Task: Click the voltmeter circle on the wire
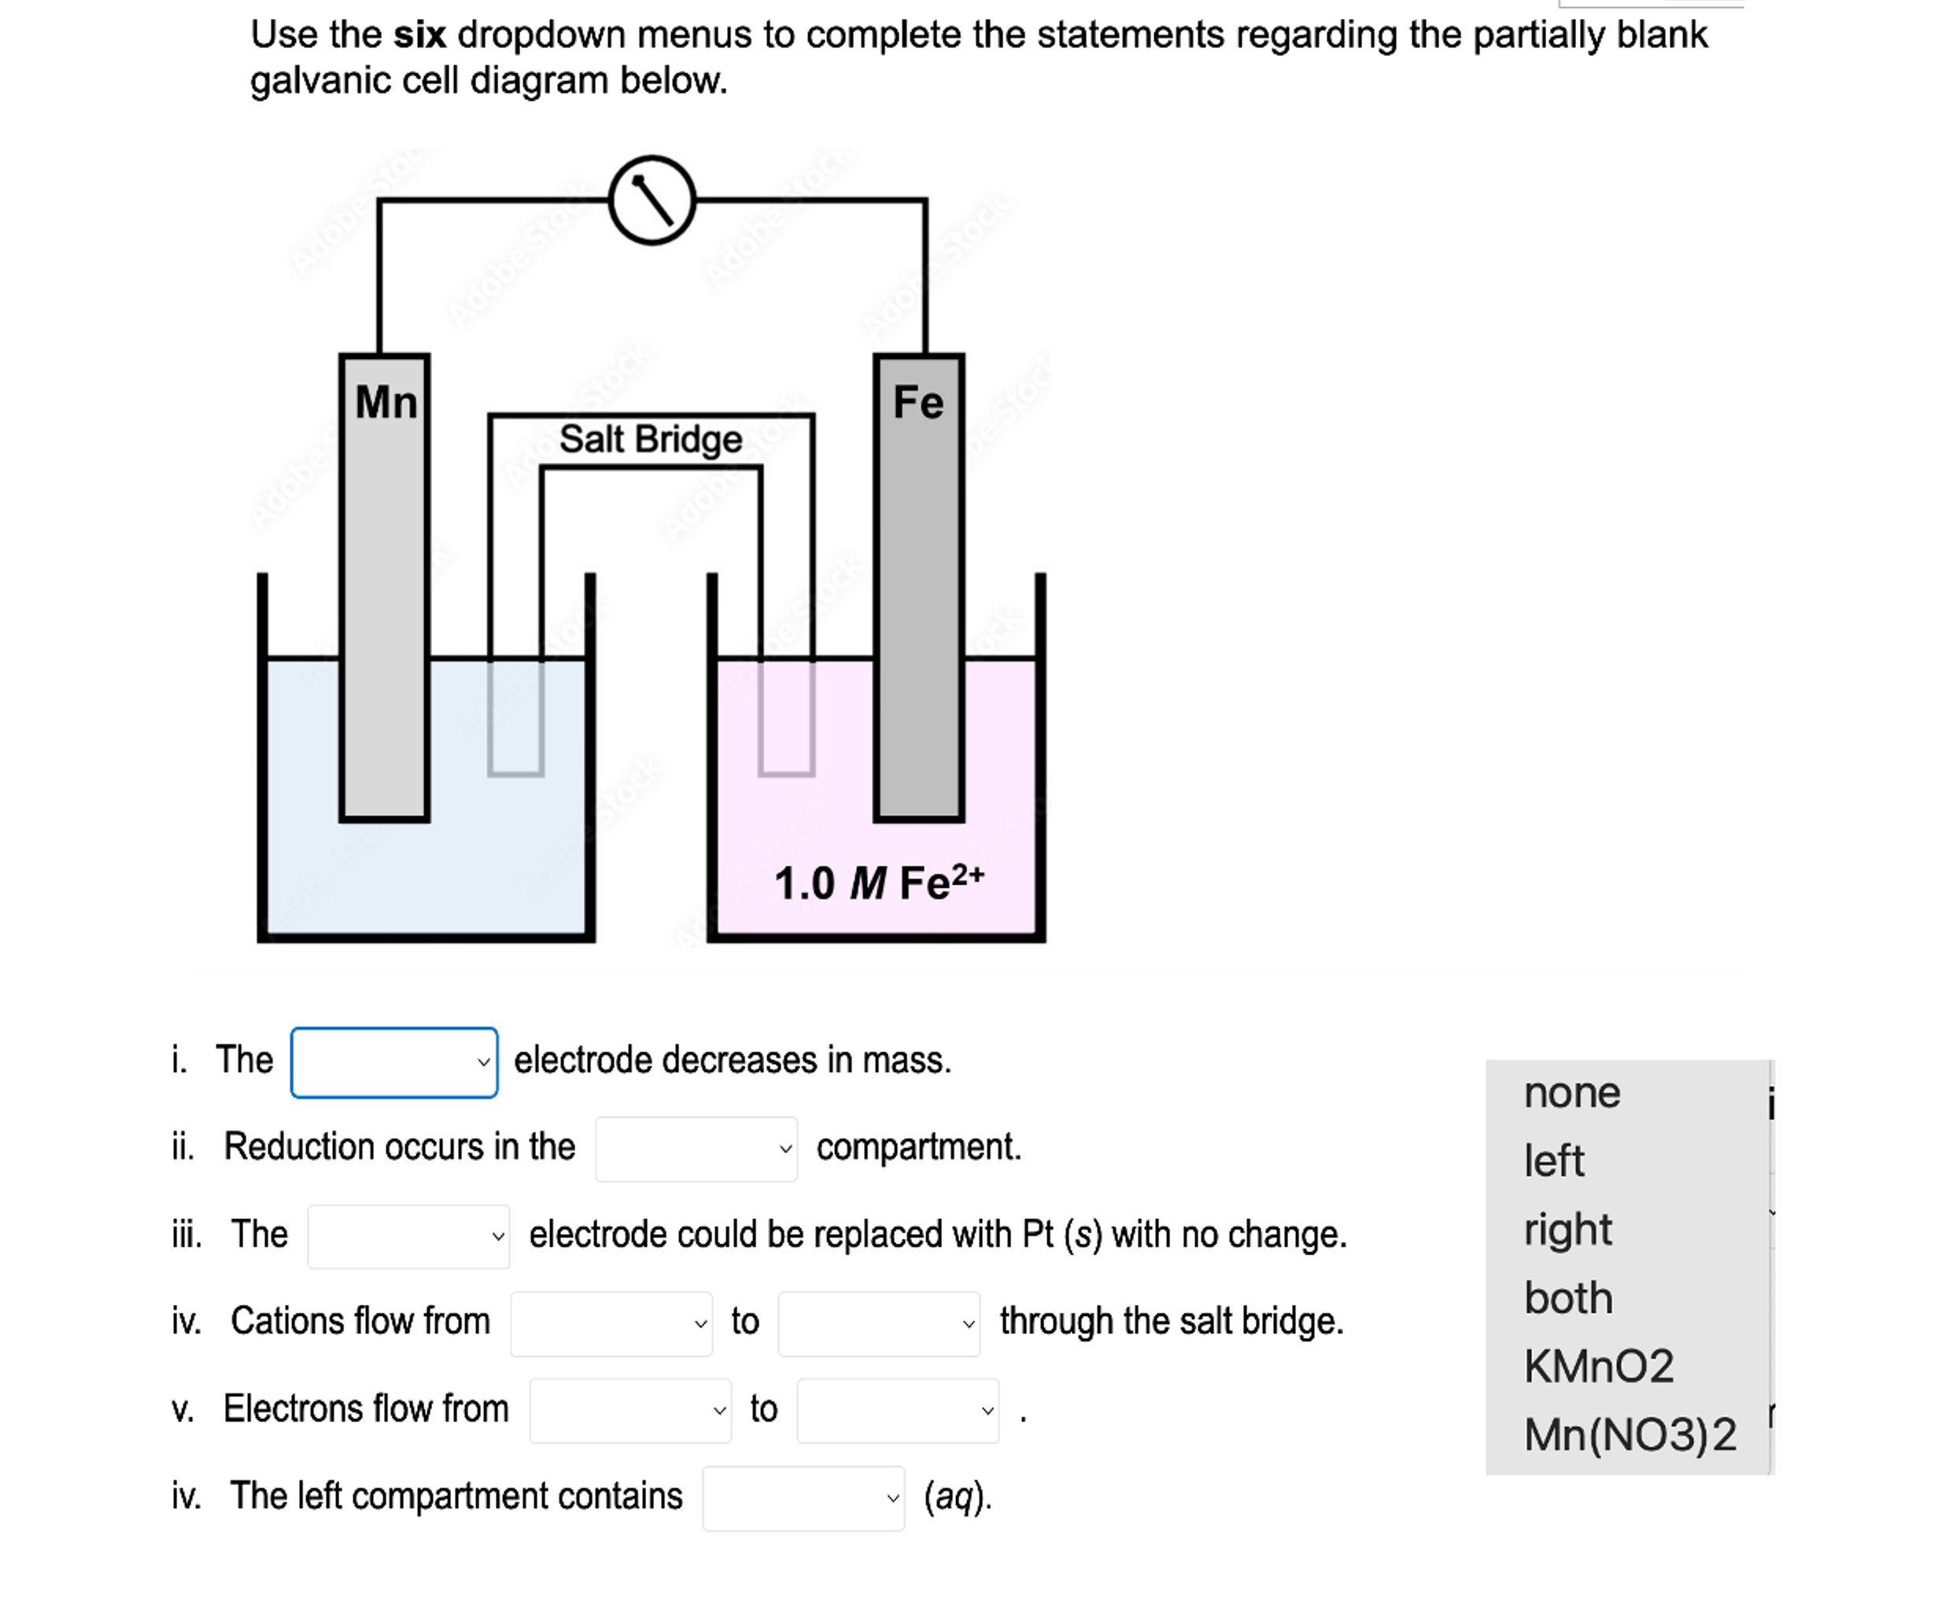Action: [x=651, y=201]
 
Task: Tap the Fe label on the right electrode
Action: [x=917, y=403]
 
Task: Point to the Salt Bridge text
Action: [x=651, y=439]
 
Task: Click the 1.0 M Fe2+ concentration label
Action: [x=878, y=882]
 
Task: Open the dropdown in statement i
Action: [x=394, y=1062]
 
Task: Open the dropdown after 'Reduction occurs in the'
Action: [x=696, y=1149]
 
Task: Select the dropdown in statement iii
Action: [x=408, y=1236]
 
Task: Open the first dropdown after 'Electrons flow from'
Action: [x=630, y=1410]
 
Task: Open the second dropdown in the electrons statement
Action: [x=897, y=1410]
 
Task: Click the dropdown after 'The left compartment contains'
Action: [x=803, y=1498]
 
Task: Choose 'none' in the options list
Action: [x=1572, y=1093]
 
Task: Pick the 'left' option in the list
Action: [x=1554, y=1161]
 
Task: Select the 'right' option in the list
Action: [x=1568, y=1229]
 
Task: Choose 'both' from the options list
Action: [x=1568, y=1299]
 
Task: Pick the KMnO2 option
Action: [x=1599, y=1366]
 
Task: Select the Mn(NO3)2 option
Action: [x=1630, y=1435]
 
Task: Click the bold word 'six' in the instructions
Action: [x=419, y=35]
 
